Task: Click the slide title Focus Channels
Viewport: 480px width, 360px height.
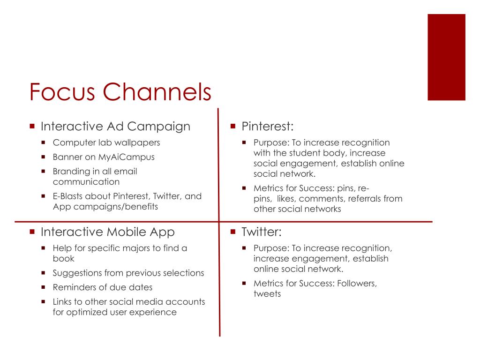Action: (120, 92)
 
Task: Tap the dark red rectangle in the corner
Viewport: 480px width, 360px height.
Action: (446, 57)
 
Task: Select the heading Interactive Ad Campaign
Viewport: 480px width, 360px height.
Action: (115, 127)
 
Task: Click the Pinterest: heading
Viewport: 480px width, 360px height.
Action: (268, 127)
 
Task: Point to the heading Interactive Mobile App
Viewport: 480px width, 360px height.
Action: (108, 232)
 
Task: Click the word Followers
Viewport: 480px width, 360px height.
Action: (356, 284)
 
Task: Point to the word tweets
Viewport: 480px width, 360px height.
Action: (267, 294)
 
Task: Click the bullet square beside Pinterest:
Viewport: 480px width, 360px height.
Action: (233, 127)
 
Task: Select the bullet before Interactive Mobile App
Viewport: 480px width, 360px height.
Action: (32, 232)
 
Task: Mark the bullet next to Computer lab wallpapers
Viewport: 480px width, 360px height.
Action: (44, 142)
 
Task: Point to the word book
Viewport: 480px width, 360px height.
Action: (64, 258)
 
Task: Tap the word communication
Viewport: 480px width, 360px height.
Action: (86, 181)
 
